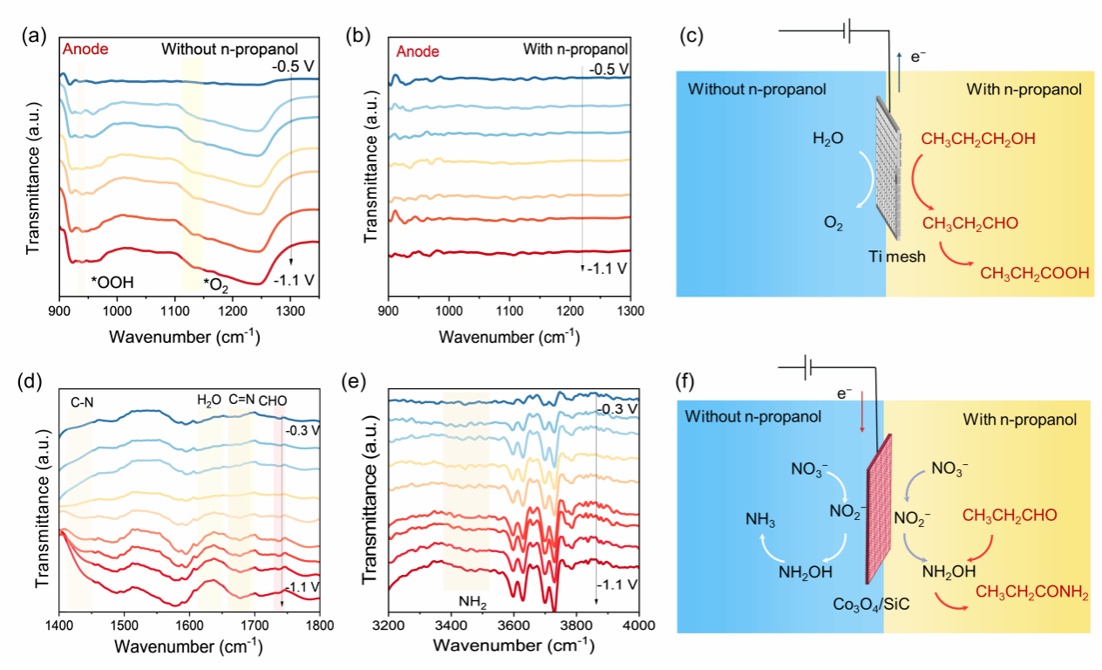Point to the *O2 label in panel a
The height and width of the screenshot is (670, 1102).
click(x=215, y=284)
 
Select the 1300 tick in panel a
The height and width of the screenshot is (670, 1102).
click(x=289, y=312)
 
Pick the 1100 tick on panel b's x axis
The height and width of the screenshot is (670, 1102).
click(x=509, y=312)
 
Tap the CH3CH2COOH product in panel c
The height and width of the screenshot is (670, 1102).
click(x=1035, y=274)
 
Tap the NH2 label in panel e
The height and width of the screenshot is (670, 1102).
click(x=471, y=601)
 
